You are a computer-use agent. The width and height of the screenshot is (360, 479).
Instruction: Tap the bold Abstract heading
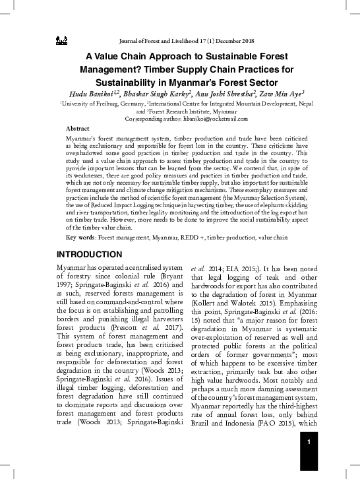pos(78,128)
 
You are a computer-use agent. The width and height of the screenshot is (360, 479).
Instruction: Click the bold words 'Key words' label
pos(80,236)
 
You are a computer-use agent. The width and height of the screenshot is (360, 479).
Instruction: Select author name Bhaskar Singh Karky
pos(154,92)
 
